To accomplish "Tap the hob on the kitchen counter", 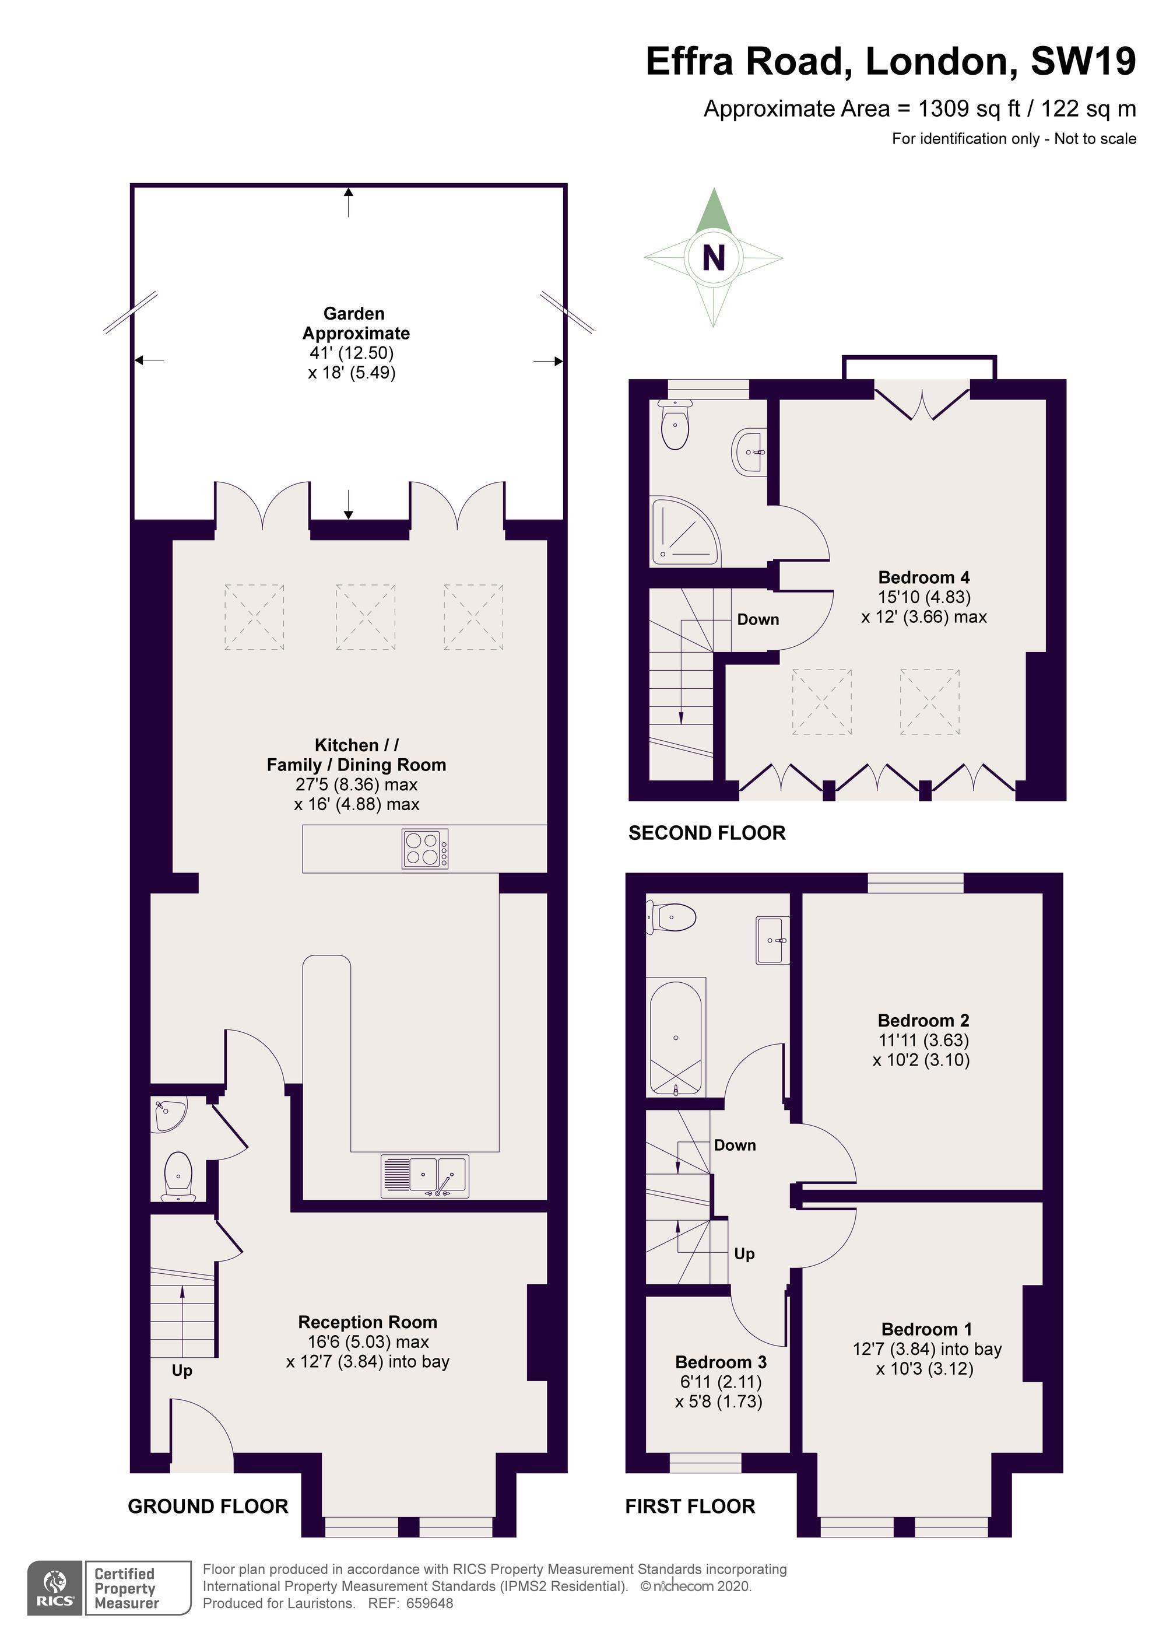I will pyautogui.click(x=424, y=849).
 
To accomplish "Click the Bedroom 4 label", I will pyautogui.click(x=924, y=577).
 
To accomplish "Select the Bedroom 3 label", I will pyautogui.click(x=721, y=1362).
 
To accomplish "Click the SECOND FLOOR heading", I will pyautogui.click(x=707, y=833).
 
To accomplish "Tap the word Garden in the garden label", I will pyautogui.click(x=353, y=313).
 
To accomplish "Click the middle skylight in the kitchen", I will pyautogui.click(x=365, y=617).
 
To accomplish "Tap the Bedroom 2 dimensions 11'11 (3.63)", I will pyautogui.click(x=923, y=1040).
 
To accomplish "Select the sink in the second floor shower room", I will pyautogui.click(x=749, y=452).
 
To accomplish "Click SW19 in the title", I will pyautogui.click(x=1083, y=61).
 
